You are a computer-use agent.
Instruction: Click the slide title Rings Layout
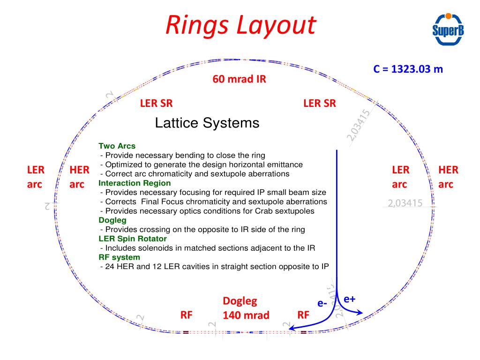[240, 25]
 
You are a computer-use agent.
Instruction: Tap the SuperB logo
[447, 30]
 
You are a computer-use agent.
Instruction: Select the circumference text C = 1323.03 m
[408, 69]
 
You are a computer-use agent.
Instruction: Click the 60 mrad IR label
[239, 79]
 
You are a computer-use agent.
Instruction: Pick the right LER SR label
[320, 104]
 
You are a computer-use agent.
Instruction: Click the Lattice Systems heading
[207, 123]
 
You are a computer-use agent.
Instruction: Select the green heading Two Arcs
[117, 146]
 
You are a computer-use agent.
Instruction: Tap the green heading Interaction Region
[135, 183]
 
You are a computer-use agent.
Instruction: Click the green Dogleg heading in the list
[112, 220]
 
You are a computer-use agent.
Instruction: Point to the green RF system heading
[119, 257]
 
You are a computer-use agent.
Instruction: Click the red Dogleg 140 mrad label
[246, 308]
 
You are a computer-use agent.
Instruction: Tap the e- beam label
[322, 303]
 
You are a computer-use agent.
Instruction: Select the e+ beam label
[349, 299]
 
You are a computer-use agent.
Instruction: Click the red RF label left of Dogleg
[187, 315]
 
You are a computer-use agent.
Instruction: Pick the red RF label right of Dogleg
[304, 315]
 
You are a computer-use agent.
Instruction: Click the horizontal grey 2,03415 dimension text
[405, 203]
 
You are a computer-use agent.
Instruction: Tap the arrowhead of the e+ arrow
[360, 312]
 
